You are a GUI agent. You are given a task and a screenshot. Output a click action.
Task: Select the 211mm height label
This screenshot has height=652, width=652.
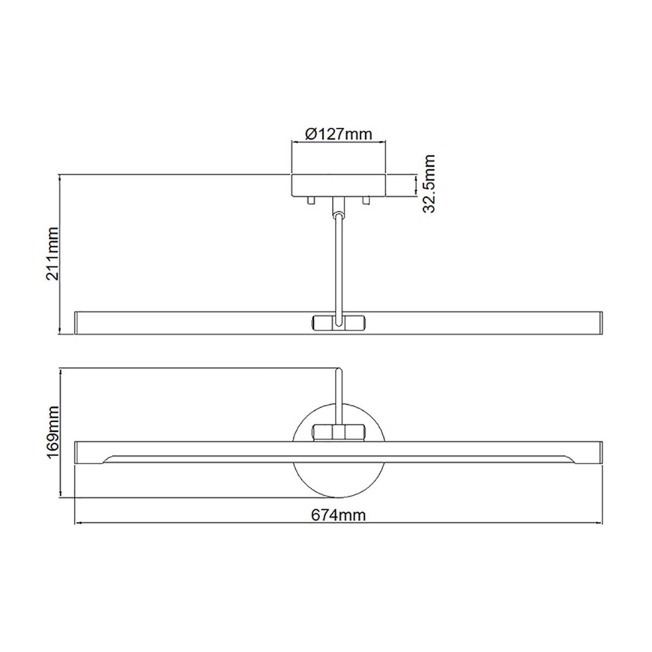coord(53,255)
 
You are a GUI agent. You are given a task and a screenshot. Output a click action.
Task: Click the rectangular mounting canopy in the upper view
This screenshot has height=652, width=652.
coord(339,184)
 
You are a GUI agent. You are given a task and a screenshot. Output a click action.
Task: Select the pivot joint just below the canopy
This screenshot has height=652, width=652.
coord(338,207)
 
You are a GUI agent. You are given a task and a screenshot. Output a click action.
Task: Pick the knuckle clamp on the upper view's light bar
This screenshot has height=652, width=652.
coord(338,321)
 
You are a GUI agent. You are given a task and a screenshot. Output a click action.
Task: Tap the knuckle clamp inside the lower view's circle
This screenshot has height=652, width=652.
coord(339,431)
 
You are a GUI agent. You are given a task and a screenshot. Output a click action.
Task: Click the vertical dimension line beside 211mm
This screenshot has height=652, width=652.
coord(60,255)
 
